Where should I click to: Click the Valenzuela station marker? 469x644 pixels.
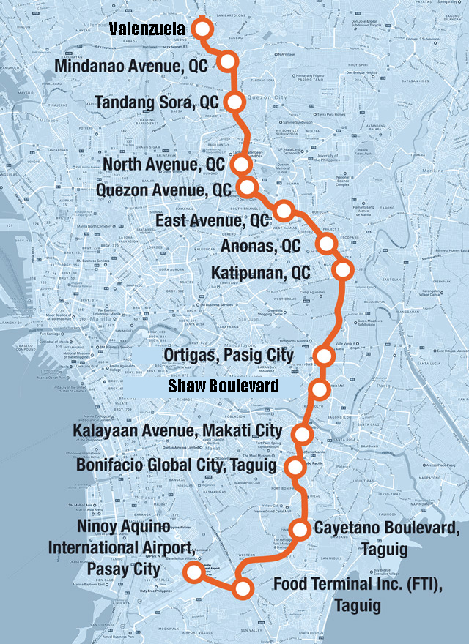pyautogui.click(x=202, y=29)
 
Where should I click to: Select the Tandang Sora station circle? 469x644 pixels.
pyautogui.click(x=234, y=102)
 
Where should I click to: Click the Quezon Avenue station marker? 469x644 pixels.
pyautogui.click(x=248, y=187)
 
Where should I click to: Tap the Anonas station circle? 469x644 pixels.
pyautogui.click(x=326, y=243)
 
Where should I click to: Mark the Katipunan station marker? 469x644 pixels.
pyautogui.click(x=342, y=271)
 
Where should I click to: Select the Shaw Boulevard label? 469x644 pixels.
pyautogui.click(x=224, y=385)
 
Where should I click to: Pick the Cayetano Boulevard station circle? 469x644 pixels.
pyautogui.click(x=301, y=528)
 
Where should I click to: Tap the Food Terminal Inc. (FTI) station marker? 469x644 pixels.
pyautogui.click(x=242, y=588)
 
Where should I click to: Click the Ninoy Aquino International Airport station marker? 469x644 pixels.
pyautogui.click(x=193, y=572)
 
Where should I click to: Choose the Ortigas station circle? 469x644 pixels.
pyautogui.click(x=323, y=356)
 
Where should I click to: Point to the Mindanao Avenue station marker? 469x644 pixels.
pyautogui.click(x=228, y=62)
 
